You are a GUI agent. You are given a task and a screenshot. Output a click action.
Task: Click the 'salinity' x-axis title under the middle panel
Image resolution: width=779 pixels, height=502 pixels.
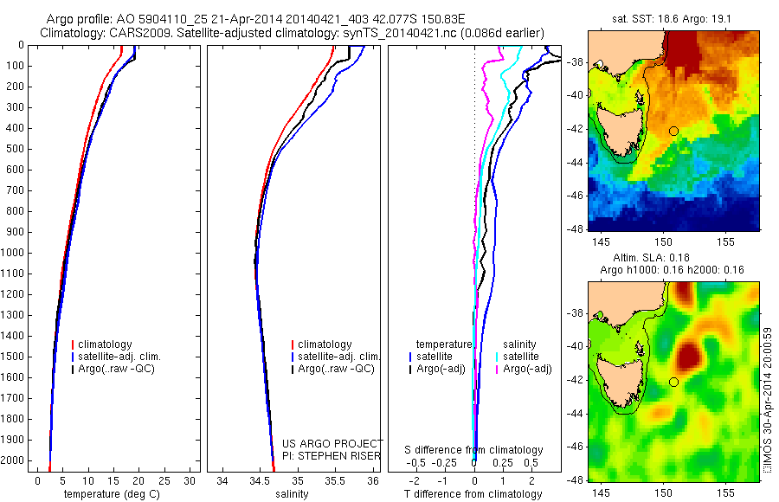point(291,495)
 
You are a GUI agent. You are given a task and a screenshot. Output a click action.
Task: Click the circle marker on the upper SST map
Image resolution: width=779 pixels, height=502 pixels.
point(673,131)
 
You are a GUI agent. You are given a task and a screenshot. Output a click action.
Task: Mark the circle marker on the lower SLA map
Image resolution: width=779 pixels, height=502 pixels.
point(673,382)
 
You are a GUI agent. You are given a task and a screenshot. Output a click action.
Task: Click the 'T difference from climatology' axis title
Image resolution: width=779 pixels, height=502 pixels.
point(473,495)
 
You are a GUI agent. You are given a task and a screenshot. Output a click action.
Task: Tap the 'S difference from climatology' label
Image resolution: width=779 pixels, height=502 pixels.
point(474,450)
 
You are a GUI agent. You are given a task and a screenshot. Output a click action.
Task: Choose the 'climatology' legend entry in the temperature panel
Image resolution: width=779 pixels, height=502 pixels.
point(106,344)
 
